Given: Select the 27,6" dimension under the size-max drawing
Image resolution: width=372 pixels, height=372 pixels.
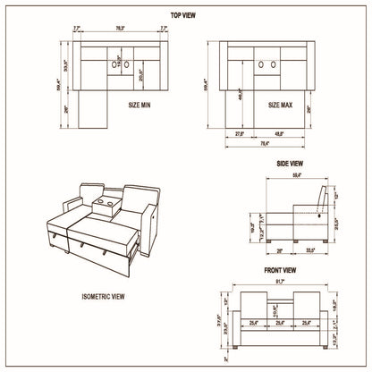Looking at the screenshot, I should click(239, 134).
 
